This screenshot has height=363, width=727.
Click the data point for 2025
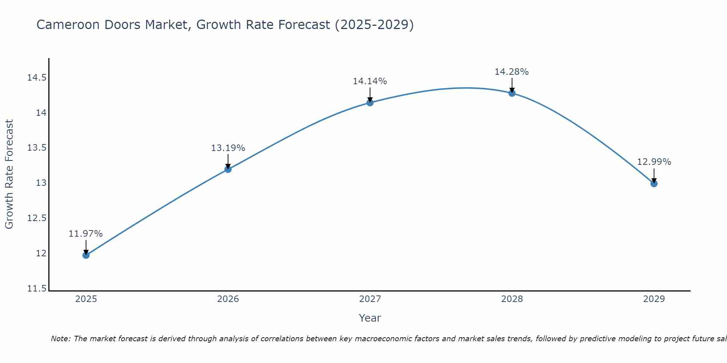point(86,255)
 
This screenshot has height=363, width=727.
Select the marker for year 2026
point(228,169)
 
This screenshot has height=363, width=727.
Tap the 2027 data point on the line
point(370,103)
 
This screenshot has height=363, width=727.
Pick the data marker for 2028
point(512,93)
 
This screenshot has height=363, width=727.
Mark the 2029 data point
point(654,184)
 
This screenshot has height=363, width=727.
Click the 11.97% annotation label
point(86,234)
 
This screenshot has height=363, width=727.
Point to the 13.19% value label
point(228,148)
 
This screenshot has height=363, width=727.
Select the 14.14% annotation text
point(370,81)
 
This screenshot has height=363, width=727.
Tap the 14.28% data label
point(512,72)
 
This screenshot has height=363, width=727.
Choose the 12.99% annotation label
point(654,162)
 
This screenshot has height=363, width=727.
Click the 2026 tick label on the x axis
point(228,299)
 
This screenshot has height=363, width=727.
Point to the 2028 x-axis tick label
point(512,299)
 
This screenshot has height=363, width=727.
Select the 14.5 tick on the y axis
point(37,78)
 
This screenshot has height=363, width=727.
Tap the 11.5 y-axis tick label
point(37,289)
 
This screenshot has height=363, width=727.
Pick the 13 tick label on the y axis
point(41,183)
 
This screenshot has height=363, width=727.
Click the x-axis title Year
point(370,318)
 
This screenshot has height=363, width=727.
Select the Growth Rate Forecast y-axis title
point(9,174)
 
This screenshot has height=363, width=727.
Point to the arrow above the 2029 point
point(654,175)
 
